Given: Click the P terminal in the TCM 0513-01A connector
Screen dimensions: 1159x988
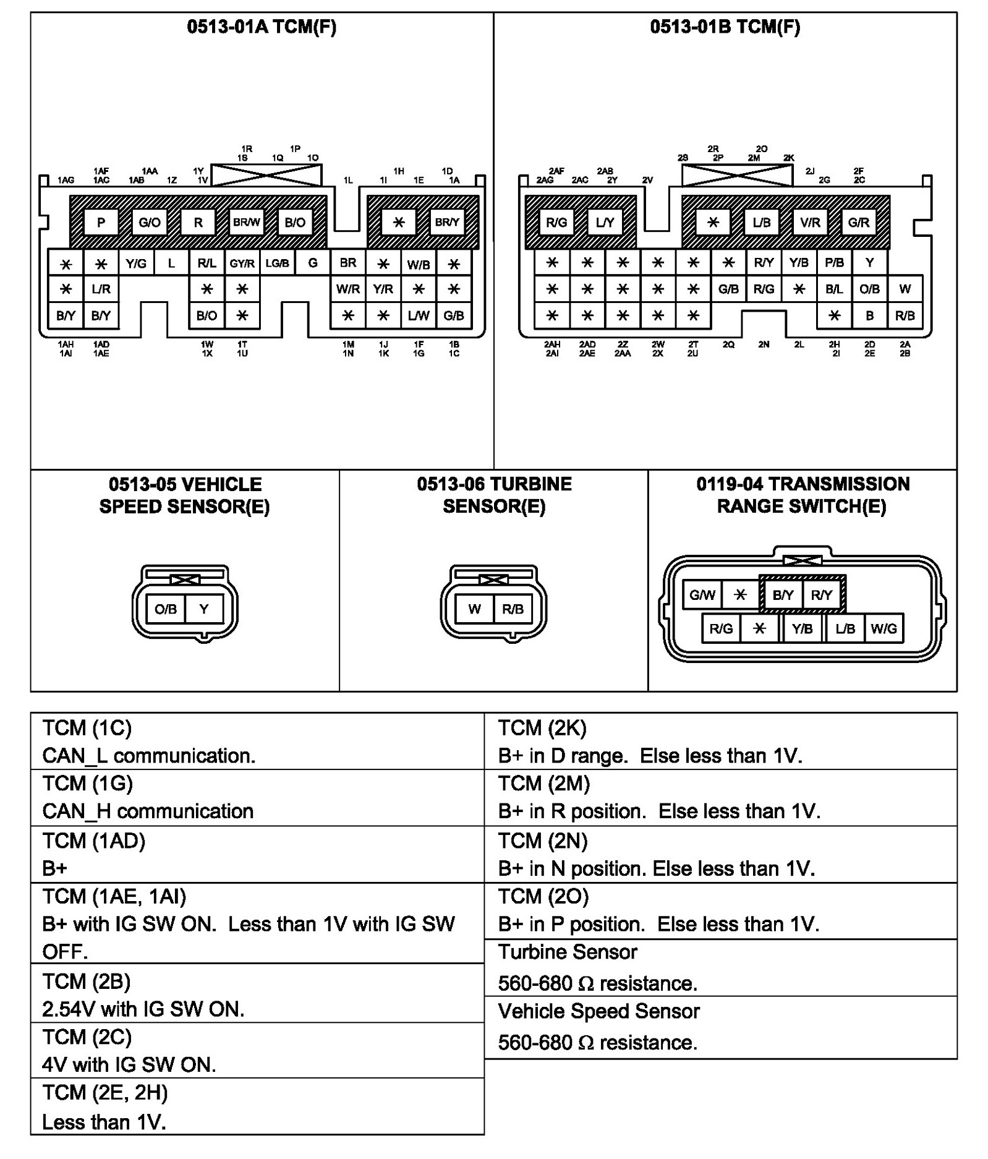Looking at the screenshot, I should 101,223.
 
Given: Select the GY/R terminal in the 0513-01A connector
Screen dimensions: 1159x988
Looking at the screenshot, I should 242,263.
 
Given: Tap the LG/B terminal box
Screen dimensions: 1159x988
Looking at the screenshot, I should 277,263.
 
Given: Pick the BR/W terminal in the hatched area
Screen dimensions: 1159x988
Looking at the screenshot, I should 246,223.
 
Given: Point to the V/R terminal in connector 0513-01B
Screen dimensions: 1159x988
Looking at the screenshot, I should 810,223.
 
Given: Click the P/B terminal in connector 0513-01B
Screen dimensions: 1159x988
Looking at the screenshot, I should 834,263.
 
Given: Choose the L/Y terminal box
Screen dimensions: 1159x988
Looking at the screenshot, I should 605,223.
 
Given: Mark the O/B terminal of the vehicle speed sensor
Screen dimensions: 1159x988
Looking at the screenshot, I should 166,609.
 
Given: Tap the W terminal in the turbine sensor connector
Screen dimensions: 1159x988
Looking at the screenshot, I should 474,609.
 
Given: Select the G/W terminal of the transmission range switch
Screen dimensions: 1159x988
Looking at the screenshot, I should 702,595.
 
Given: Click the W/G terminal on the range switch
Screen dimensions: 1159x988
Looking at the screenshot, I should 884,629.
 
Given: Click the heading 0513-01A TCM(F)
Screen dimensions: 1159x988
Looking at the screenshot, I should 262,27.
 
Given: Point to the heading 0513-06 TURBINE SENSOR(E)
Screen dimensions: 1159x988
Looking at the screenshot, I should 494,495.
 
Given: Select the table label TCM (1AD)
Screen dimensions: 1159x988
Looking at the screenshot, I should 94,841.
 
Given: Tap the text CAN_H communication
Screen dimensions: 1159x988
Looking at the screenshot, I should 148,811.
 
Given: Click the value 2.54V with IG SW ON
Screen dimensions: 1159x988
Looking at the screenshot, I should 143,1009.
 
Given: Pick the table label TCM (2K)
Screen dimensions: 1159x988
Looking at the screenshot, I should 542,728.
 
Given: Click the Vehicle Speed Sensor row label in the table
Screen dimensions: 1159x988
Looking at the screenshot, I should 598,1011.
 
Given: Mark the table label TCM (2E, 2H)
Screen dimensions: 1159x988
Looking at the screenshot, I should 105,1093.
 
